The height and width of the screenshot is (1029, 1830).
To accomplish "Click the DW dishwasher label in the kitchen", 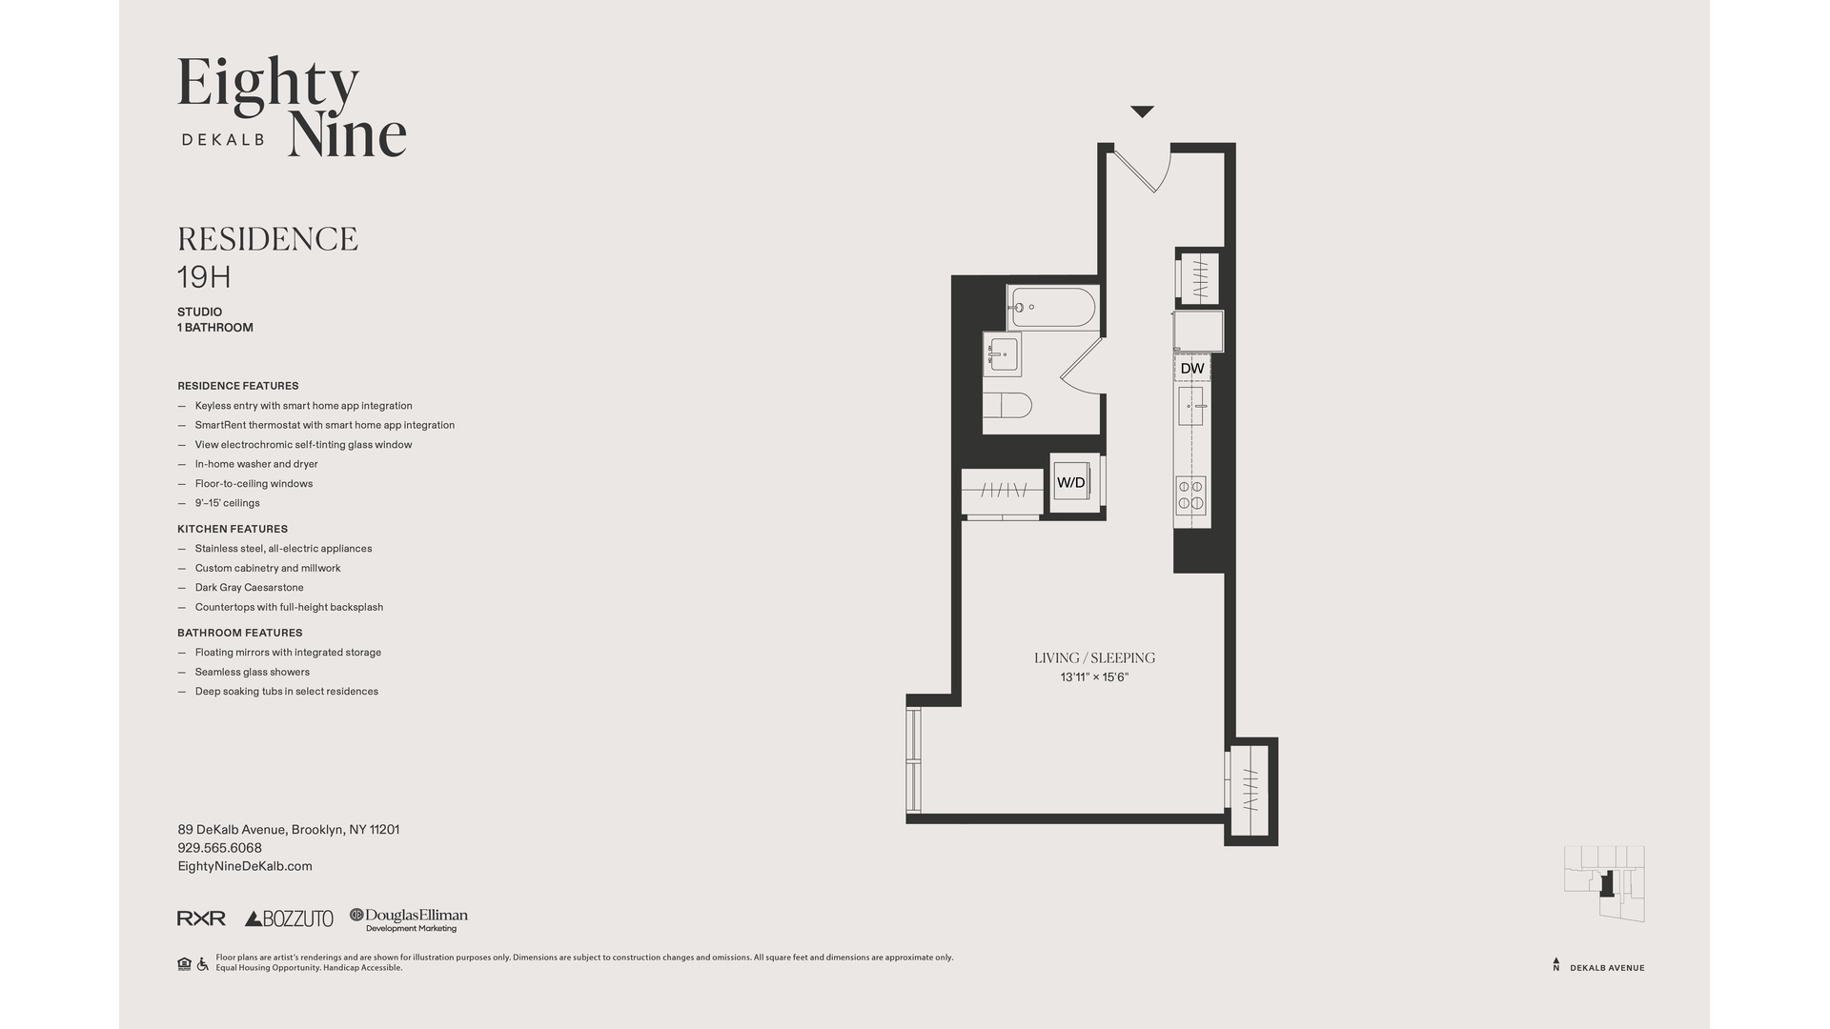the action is pos(1192,369).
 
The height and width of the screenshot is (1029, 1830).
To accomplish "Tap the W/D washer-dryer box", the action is pos(1071,483).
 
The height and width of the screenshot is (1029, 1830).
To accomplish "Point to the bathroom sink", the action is pos(1002,354).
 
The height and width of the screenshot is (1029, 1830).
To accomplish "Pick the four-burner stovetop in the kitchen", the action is pos(1190,494).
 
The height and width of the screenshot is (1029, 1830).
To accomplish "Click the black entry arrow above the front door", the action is pos(1142,111).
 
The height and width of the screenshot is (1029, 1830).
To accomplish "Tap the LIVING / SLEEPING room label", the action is pos(1094,657).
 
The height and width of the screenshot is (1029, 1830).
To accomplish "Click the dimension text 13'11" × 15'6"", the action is pos(1094,677).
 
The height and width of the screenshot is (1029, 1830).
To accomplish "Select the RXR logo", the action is pos(201,918).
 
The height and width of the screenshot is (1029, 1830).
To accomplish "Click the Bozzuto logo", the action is pos(289,918).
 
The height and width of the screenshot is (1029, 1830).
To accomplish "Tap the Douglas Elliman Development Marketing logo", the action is pos(408,919).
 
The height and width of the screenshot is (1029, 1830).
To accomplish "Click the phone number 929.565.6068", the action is pos(219,848).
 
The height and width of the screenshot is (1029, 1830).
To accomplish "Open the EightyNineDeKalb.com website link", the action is pos(245,866).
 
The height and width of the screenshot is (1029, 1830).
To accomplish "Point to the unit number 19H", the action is pos(204,277).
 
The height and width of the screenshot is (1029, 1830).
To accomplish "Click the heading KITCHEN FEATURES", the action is pos(233,529).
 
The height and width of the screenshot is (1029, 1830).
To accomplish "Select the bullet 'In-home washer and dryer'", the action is pos(256,464).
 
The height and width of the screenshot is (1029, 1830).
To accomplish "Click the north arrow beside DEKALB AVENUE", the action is pos(1556,964).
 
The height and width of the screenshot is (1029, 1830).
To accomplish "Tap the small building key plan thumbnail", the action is pos(1604,883).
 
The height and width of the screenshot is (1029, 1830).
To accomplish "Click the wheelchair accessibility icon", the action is pos(202,964).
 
